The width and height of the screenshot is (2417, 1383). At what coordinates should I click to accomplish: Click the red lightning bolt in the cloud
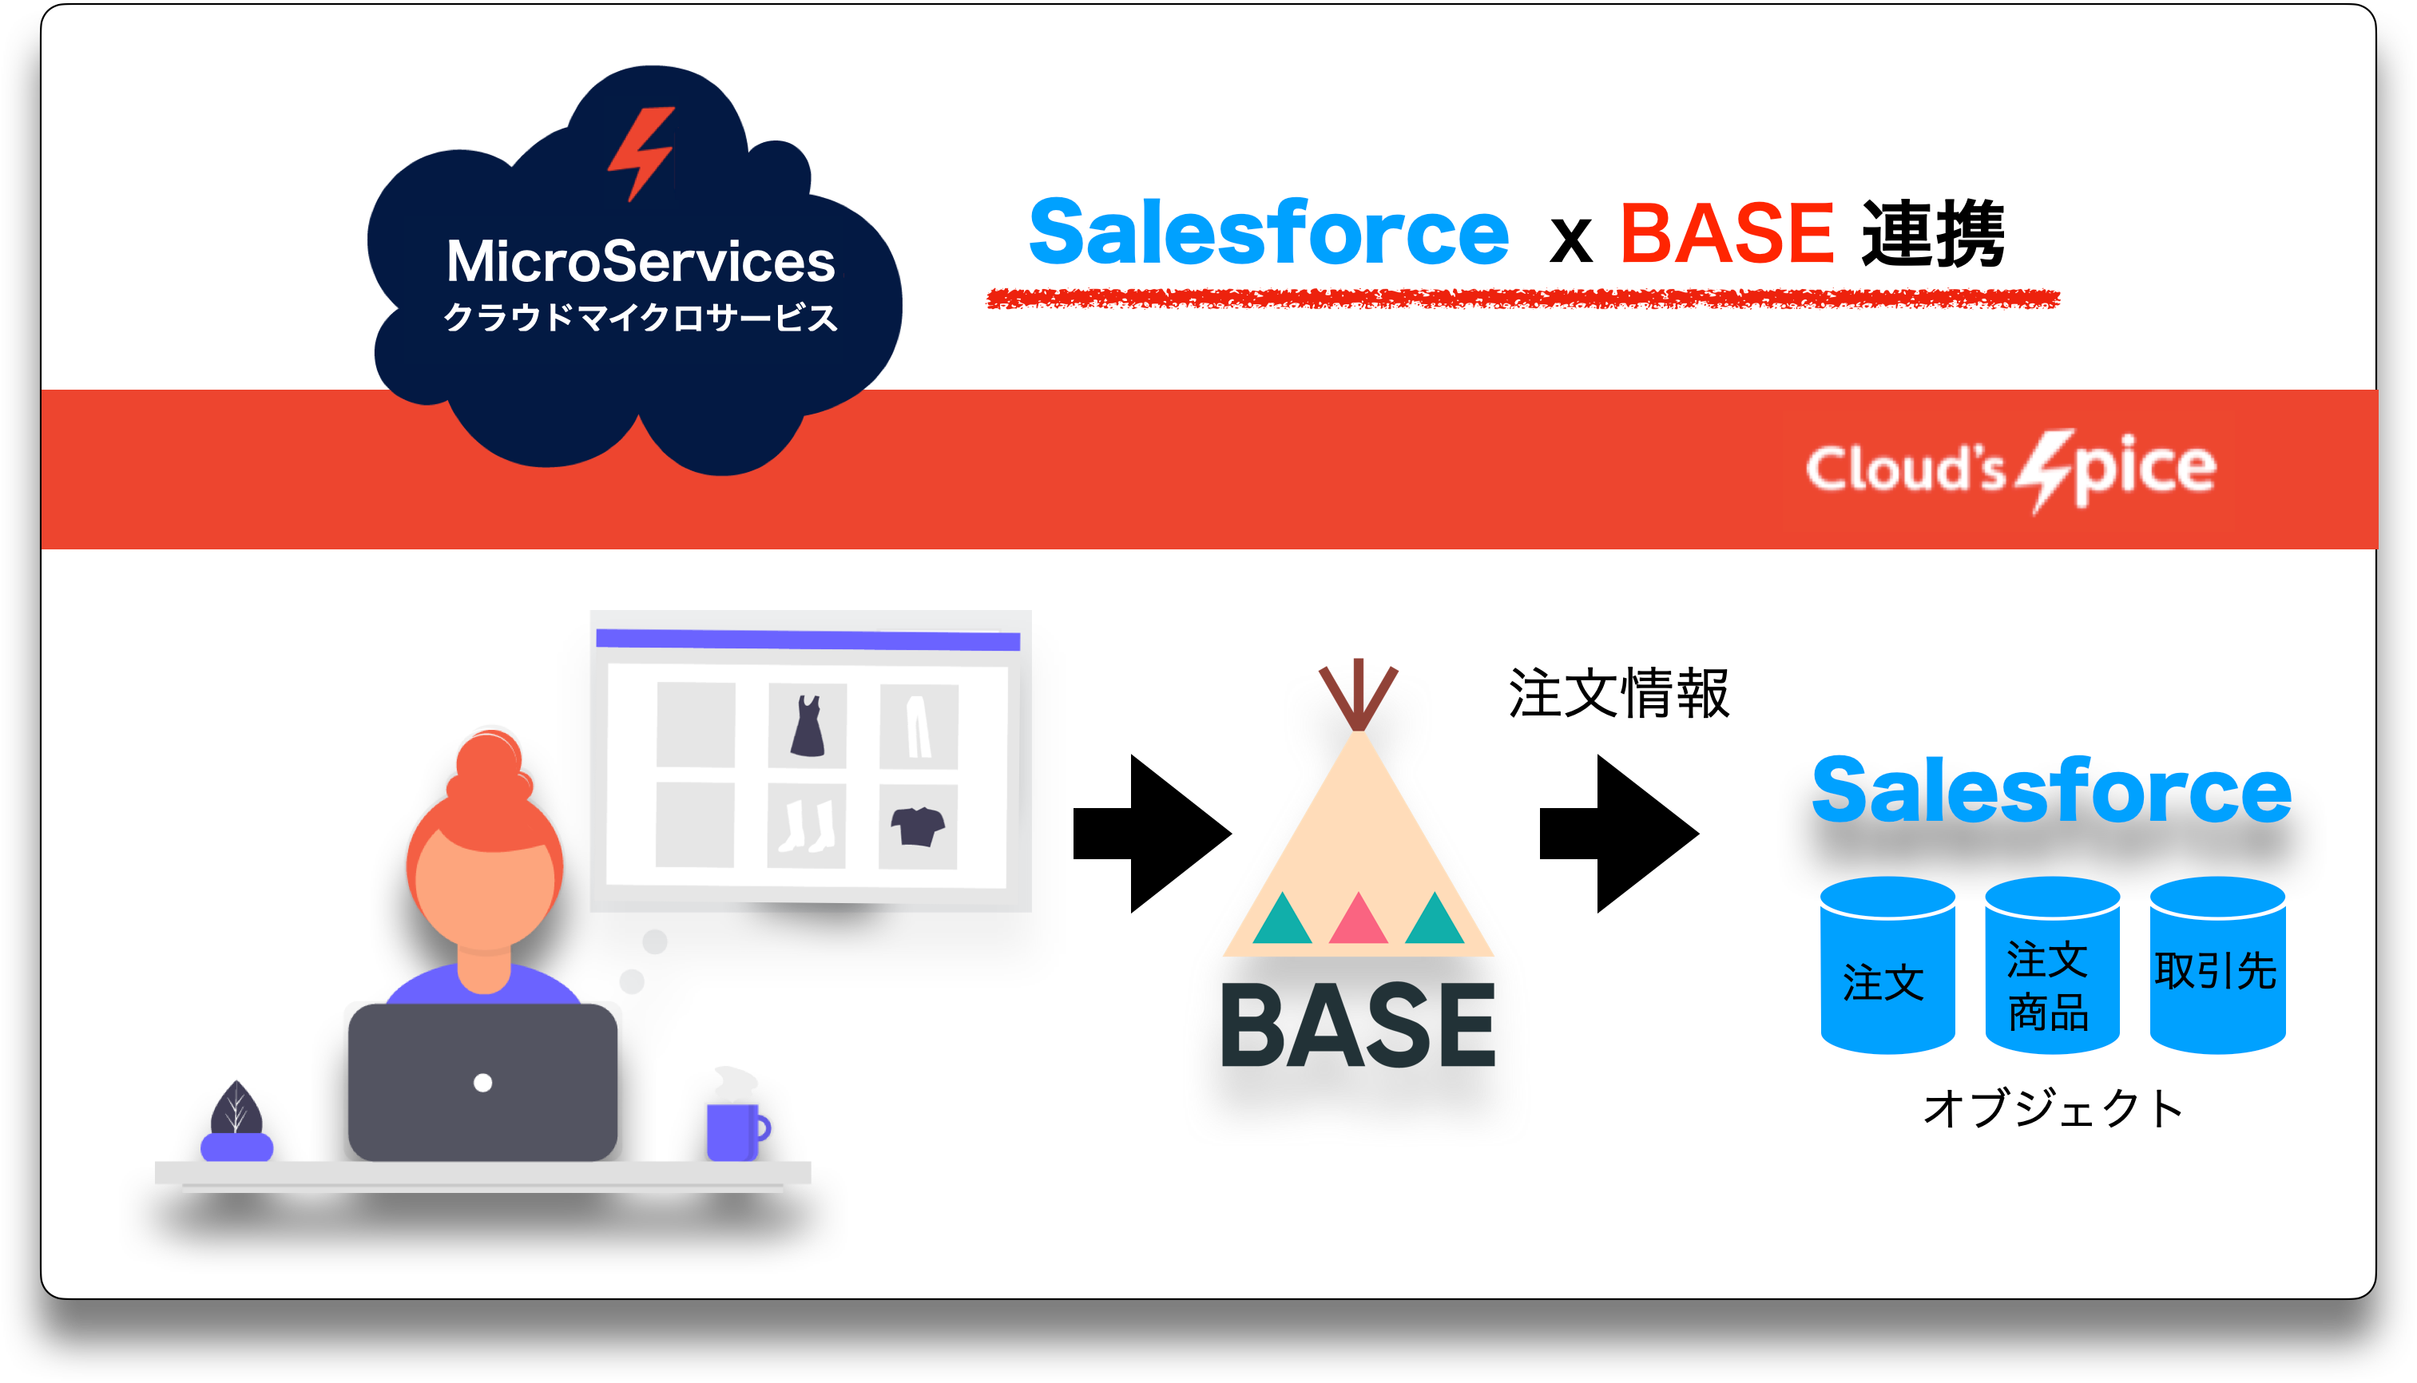(x=641, y=152)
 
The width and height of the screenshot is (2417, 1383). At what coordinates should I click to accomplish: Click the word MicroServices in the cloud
(x=641, y=261)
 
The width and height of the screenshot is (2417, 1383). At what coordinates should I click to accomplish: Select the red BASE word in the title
(x=1726, y=234)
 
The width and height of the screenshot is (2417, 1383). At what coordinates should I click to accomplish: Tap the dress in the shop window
(x=808, y=726)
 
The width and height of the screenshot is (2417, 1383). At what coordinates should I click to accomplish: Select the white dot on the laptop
(x=482, y=1083)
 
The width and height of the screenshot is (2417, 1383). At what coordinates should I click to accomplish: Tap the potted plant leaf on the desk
(x=236, y=1109)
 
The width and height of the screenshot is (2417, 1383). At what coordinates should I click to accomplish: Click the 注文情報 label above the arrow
(x=1618, y=693)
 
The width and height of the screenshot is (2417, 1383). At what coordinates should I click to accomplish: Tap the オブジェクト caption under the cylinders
(x=2052, y=1108)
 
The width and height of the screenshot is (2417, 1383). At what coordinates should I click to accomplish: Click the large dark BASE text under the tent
(x=1358, y=1026)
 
